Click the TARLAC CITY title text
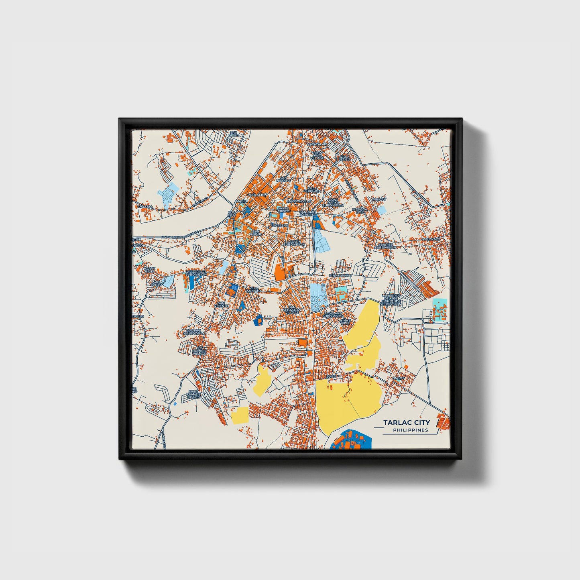(406, 422)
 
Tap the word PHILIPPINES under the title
(410, 430)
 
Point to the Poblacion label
(257, 195)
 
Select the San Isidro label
(233, 133)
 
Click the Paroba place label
(145, 207)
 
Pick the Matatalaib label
(317, 144)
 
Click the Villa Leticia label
(345, 158)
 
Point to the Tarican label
(379, 199)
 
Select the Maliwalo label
(431, 239)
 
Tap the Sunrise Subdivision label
(385, 246)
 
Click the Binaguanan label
(340, 276)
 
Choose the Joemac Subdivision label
(193, 332)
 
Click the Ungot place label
(398, 378)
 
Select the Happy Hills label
(149, 270)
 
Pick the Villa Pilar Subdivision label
(196, 273)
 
